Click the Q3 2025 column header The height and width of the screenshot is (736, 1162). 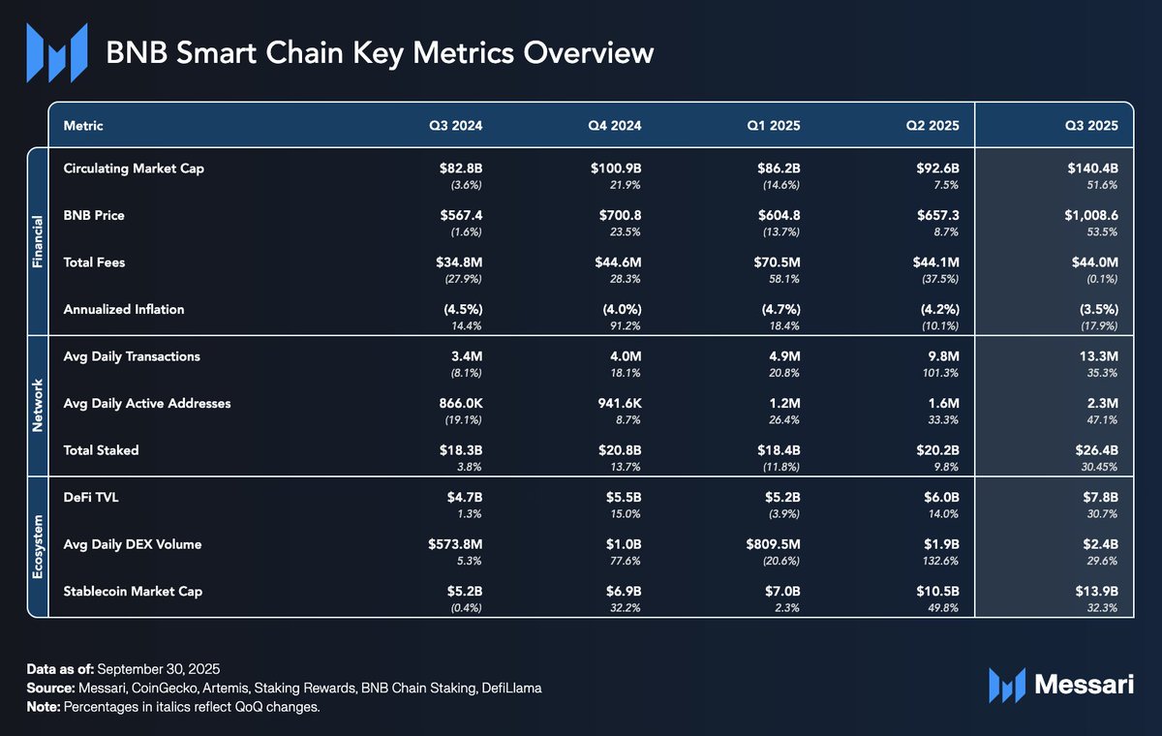click(1091, 126)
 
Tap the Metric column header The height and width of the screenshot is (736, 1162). click(83, 126)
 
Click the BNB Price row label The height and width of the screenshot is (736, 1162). click(94, 215)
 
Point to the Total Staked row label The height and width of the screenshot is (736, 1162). click(101, 449)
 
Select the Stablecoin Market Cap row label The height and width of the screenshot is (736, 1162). click(133, 590)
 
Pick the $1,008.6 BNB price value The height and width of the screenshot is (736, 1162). click(1086, 215)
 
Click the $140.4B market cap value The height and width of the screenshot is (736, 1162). click(1091, 169)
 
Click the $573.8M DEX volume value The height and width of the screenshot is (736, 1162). click(450, 543)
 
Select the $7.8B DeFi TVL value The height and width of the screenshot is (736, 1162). click(1098, 497)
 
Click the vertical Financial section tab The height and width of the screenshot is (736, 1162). click(37, 241)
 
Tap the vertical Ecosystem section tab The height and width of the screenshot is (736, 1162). click(37, 546)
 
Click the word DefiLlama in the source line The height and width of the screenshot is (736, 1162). click(511, 688)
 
